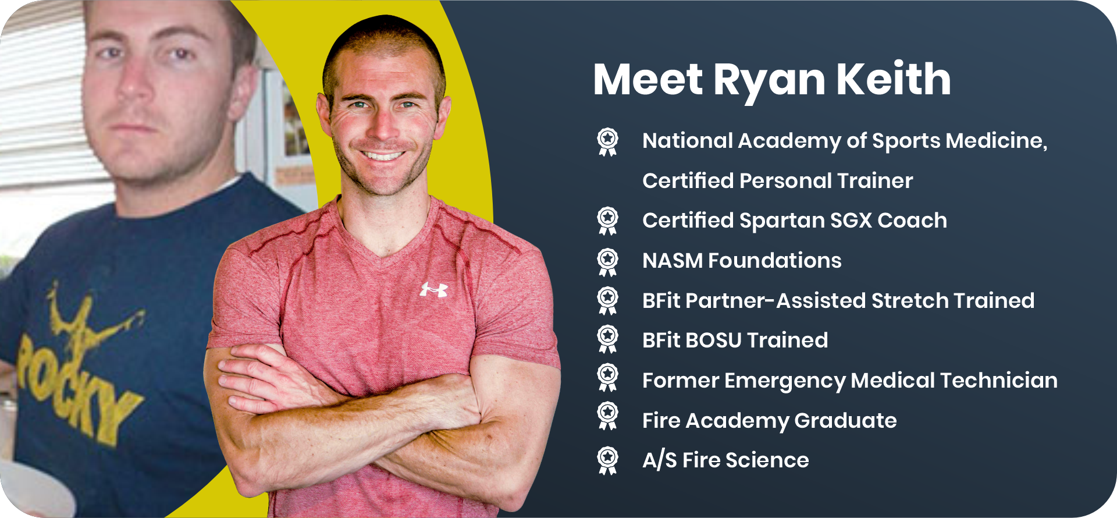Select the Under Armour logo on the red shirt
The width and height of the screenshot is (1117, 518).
(434, 289)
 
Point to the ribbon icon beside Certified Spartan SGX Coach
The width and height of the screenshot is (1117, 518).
(607, 221)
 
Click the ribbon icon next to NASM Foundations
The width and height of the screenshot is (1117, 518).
(607, 261)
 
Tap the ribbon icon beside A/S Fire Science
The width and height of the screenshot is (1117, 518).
(607, 461)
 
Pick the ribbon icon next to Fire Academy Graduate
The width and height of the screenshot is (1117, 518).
(607, 421)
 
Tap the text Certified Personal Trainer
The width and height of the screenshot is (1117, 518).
(778, 181)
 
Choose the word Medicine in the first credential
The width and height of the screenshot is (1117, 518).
(997, 141)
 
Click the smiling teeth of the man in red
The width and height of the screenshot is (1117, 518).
(383, 155)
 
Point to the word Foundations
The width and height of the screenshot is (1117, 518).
(775, 261)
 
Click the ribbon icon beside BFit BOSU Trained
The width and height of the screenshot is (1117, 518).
(607, 339)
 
